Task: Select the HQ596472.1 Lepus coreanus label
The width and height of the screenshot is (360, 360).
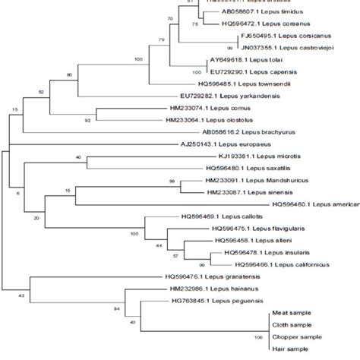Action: coord(255,24)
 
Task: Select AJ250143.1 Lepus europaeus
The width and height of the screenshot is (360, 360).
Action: coord(213,144)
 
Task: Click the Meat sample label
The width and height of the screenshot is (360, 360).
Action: coord(290,313)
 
